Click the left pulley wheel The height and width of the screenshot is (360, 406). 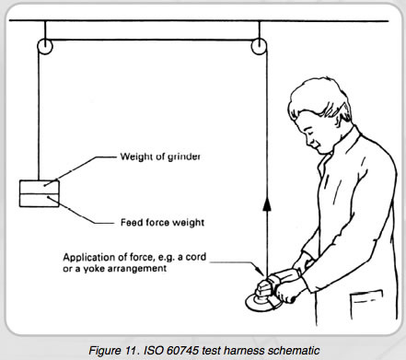45,47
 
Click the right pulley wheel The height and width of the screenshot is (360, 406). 259,47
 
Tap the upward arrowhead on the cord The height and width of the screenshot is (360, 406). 267,204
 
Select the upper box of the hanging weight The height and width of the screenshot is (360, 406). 39,187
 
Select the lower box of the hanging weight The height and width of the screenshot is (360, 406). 39,201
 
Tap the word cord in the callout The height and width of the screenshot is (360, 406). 196,257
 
